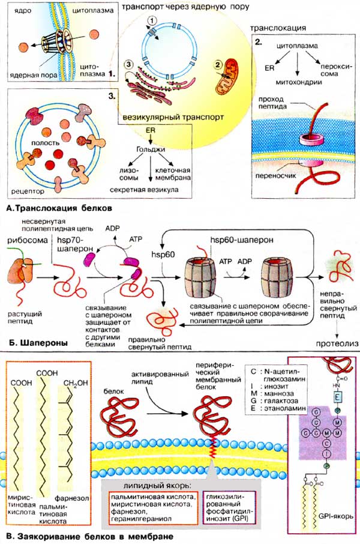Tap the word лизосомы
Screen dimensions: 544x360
click(127, 174)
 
